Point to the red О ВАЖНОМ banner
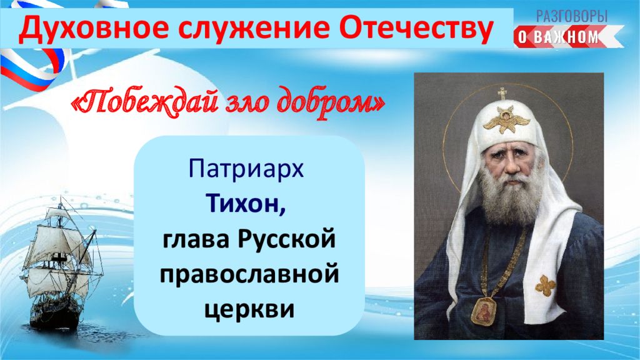click(568, 37)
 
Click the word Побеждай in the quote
click(144, 101)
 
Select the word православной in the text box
click(249, 274)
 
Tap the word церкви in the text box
click(249, 309)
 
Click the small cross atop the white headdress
click(502, 94)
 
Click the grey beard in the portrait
click(506, 195)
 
